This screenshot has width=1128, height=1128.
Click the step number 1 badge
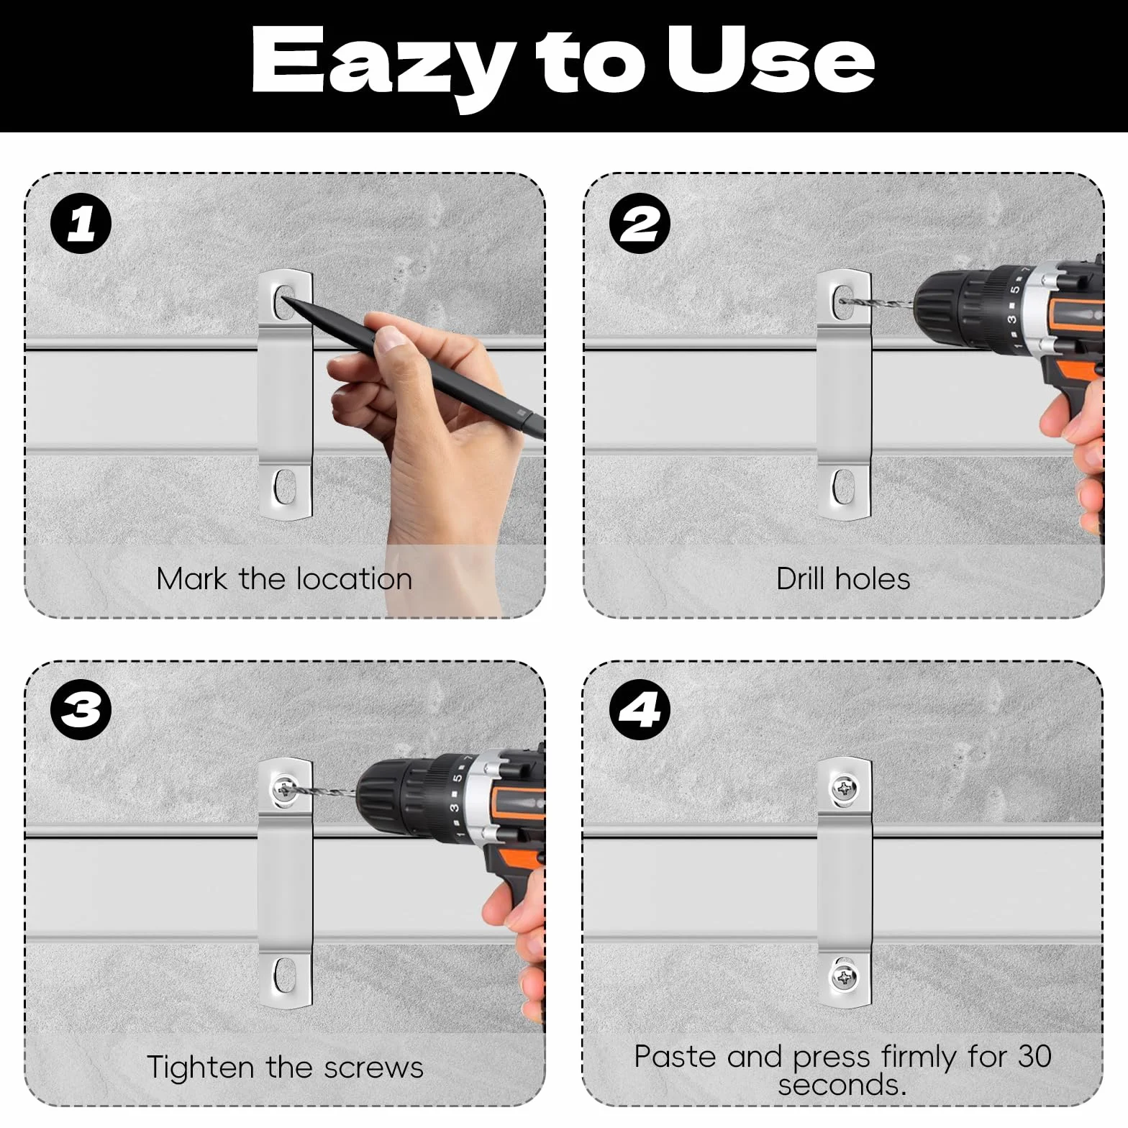point(81,224)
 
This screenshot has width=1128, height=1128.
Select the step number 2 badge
point(640,224)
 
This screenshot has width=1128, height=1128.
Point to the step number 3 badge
point(81,710)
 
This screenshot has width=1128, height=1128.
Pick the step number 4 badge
point(640,710)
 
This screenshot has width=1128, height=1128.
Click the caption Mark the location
point(284,579)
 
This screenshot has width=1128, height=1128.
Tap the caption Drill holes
point(843,579)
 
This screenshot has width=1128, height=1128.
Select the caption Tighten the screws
point(285,1068)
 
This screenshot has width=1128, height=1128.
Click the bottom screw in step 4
point(843,977)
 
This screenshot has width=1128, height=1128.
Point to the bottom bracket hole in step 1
point(285,487)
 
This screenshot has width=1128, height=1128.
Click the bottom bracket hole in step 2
point(842,487)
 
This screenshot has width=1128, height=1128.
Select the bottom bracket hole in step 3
point(285,975)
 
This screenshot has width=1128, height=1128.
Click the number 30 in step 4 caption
point(1034,1056)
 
